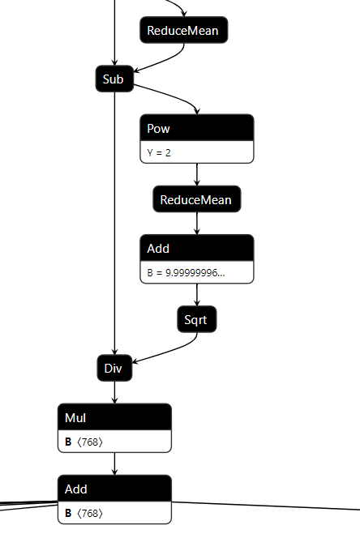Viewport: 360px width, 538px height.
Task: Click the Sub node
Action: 114,79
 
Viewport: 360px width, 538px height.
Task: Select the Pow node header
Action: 197,128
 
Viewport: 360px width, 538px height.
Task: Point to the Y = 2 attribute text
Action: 159,152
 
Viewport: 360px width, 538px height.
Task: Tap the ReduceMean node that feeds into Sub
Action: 183,31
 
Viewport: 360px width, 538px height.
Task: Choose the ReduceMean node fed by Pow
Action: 196,199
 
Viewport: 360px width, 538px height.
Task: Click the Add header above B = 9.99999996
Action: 197,248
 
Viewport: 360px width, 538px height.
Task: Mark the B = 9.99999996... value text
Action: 186,273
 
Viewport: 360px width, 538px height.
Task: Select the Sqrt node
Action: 196,320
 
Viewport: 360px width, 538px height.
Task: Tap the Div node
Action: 114,368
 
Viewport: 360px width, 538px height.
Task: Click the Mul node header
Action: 114,416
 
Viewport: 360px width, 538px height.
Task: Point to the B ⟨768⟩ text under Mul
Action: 84,442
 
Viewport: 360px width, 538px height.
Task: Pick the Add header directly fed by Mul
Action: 114,489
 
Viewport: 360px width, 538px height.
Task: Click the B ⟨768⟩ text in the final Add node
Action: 84,514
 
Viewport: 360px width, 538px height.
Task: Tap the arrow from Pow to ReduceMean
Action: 197,174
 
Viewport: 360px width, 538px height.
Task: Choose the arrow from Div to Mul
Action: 114,392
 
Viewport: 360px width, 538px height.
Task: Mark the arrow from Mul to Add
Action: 114,463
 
